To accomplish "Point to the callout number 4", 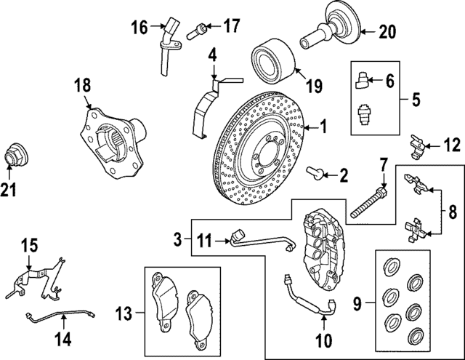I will (x=213, y=54).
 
